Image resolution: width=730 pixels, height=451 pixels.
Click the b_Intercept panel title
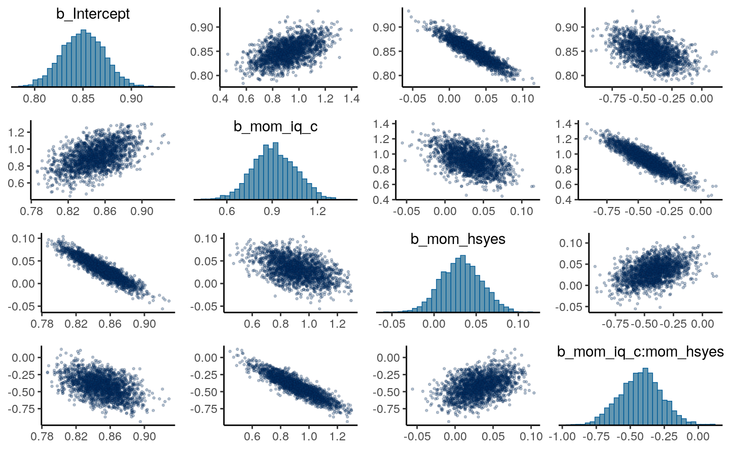coord(93,14)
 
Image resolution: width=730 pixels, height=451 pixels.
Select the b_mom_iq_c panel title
coord(275,126)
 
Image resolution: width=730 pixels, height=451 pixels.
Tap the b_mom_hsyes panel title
coord(458,239)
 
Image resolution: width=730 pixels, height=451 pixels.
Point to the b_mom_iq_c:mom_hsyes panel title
coord(640,352)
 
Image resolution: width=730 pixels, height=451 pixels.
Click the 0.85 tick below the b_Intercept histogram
coord(83,98)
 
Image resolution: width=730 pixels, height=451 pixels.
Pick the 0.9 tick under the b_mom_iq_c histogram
coord(272,211)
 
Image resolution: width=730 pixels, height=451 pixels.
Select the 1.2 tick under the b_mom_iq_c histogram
coord(318,211)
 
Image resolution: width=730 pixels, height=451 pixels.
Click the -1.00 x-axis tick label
coord(562,436)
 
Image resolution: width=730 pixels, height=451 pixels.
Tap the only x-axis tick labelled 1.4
coord(351,98)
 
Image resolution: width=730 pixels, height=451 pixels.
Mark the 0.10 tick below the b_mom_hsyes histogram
coord(518,324)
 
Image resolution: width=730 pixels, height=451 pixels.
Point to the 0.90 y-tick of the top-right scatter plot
coord(567,27)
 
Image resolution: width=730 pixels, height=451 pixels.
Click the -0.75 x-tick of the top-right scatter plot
coord(612,98)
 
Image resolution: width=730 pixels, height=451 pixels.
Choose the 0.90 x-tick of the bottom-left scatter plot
coord(144,436)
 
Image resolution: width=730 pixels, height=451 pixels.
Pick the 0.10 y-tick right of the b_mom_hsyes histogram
coord(571,243)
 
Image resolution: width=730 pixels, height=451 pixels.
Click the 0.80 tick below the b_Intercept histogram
coord(34,98)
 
